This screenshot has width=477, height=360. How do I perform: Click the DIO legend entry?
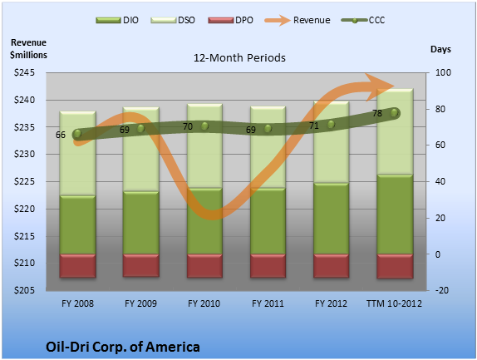(117, 20)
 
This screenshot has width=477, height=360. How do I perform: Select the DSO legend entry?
(173, 20)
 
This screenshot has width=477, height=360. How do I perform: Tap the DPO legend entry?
(230, 20)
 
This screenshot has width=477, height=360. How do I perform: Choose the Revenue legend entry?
(298, 20)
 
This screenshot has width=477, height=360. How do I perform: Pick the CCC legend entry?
(363, 20)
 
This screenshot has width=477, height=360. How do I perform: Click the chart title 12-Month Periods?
(239, 58)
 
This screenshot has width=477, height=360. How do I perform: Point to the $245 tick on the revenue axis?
(24, 72)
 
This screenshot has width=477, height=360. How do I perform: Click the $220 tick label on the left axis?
(24, 209)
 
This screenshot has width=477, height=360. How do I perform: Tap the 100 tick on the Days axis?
(443, 72)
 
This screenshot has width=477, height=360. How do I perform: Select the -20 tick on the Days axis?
(442, 290)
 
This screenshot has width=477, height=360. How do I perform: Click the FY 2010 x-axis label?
(204, 303)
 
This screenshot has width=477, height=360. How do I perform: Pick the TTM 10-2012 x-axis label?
(394, 303)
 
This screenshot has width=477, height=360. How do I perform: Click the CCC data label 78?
(377, 114)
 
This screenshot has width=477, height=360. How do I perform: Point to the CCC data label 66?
(61, 135)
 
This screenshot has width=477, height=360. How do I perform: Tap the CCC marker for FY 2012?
(331, 125)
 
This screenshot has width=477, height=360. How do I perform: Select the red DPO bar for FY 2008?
(78, 266)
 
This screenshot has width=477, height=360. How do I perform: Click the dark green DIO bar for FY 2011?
(268, 221)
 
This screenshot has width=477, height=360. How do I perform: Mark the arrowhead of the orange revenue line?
(381, 86)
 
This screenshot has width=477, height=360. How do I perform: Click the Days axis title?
(440, 49)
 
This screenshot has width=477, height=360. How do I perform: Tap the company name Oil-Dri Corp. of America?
(123, 347)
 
